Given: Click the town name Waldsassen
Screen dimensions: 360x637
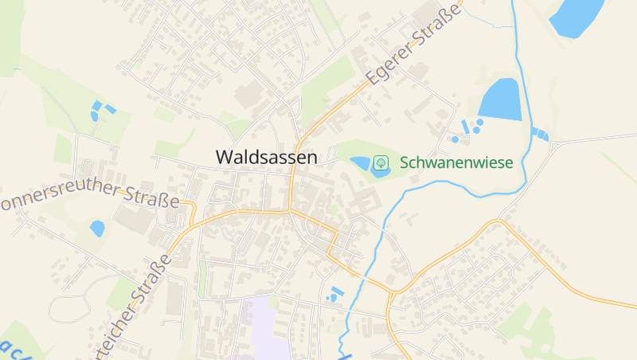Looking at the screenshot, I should point(266,157).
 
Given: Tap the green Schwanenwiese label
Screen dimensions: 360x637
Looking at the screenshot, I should point(456,162).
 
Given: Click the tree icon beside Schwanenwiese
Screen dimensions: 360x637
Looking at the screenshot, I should point(381,162).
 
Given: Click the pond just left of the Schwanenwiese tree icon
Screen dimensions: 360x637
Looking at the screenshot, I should point(361,163).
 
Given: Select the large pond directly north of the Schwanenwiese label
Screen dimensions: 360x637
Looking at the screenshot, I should point(501,100).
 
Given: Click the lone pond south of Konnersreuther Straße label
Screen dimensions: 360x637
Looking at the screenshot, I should point(97,229).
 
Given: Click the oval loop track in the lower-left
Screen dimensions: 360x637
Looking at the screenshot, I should point(76,299).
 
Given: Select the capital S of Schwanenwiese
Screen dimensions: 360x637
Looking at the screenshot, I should point(405,162).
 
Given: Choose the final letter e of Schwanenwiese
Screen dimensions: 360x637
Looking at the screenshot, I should point(509,162).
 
